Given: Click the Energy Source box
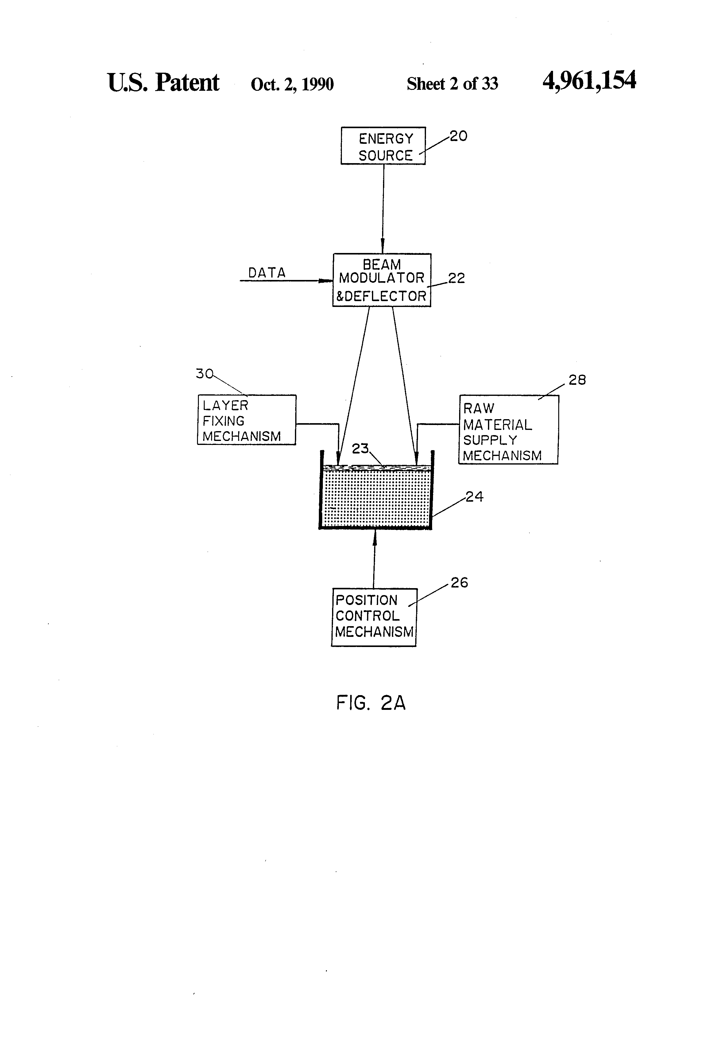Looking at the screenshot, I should coord(383,146).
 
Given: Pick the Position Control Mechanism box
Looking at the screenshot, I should coord(373,617).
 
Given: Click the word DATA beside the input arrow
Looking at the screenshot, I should coord(267,273).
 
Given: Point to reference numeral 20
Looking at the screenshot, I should coord(459,136).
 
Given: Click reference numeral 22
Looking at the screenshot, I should coord(456,278).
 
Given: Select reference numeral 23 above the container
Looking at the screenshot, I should coord(360,448).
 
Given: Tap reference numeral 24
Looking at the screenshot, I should coord(474,496).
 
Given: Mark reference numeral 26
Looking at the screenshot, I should coord(459,583).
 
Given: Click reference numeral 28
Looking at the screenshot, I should coord(577,381).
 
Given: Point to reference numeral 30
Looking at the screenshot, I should coord(204,374).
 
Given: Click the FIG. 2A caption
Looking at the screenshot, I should coord(371,703).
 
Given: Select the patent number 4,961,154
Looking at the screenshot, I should coord(589,81).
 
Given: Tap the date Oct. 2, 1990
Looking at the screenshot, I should coord(292,84).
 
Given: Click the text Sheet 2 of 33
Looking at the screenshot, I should coord(452,84).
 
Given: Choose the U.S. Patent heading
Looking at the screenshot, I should coord(163,83).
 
